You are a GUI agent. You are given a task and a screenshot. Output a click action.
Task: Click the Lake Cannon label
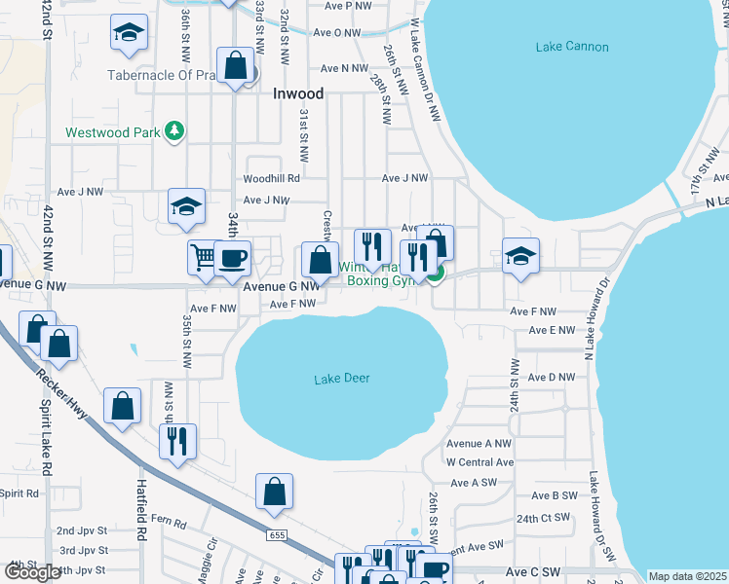[572, 47]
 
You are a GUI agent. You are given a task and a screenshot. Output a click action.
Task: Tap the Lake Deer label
[341, 378]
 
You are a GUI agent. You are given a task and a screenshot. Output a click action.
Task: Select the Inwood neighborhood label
[297, 94]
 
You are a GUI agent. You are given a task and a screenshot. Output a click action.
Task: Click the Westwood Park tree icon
[174, 131]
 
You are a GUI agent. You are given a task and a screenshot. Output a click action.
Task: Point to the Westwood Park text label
[112, 132]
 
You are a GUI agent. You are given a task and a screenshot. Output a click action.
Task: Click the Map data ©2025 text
[688, 576]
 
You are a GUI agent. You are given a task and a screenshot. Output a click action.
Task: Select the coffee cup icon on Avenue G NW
[232, 259]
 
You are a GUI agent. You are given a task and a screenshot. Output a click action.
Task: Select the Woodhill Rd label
[271, 178]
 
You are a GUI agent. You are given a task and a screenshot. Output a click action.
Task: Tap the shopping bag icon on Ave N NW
[236, 66]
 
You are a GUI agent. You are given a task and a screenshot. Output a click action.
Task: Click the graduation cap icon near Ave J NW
[187, 205]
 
